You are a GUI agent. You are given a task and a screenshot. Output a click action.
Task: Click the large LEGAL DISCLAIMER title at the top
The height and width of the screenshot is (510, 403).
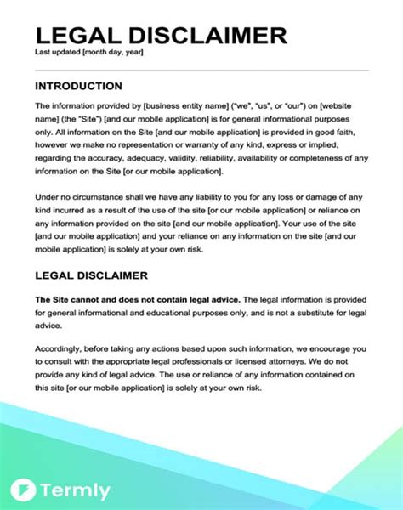(161, 36)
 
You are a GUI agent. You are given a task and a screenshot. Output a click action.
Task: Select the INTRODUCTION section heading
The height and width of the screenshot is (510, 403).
(78, 86)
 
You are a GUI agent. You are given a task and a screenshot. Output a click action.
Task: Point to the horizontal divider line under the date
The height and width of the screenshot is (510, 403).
(201, 70)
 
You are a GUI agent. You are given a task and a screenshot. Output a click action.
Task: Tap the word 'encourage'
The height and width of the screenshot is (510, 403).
(329, 348)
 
